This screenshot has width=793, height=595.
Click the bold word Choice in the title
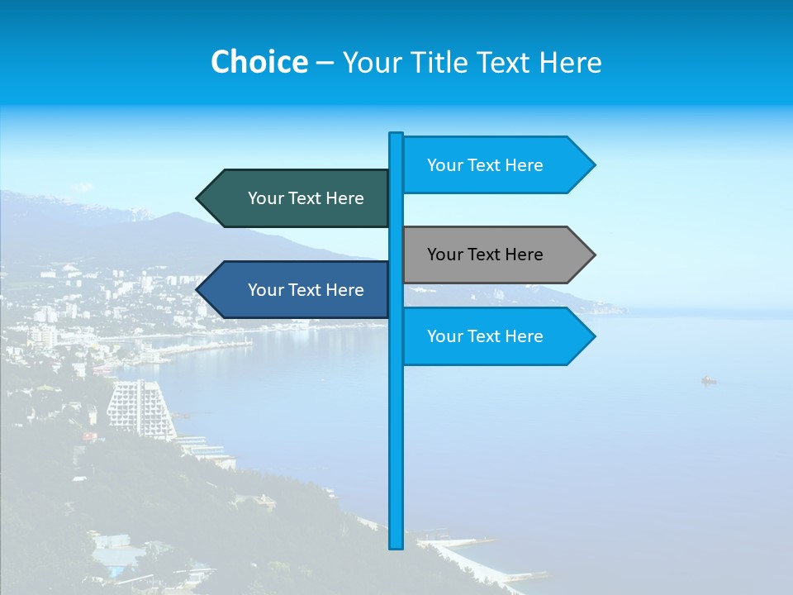pos(259,62)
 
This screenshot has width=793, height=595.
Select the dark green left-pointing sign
pos(297,198)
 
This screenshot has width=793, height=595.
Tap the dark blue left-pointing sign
pos(297,290)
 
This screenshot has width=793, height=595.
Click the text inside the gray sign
pos(485,255)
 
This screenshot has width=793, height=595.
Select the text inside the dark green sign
pos(306,198)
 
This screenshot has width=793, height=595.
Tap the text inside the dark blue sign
pos(306,290)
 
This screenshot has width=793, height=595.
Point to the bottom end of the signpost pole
pos(396,545)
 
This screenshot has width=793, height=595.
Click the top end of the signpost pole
pos(396,136)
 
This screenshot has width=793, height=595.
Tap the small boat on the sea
pos(708,381)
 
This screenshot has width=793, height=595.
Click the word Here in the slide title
pos(571,62)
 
